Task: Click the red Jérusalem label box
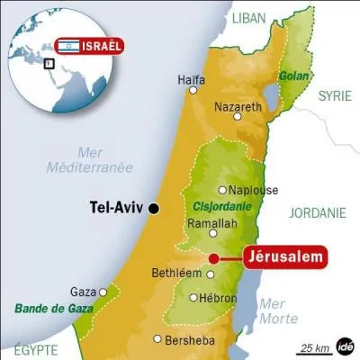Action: (283, 258)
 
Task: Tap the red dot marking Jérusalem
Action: (213, 258)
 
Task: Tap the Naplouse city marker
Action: (222, 190)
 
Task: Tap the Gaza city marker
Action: (104, 292)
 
